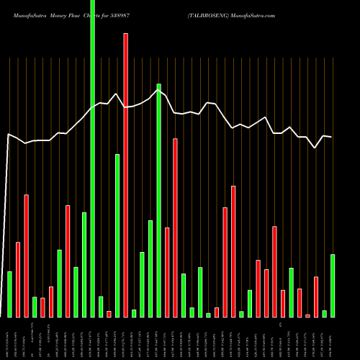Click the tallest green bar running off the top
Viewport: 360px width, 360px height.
[x=92, y=158]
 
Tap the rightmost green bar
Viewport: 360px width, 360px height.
[x=333, y=286]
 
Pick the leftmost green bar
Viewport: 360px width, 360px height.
[x=9, y=294]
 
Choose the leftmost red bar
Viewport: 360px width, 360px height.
[x=18, y=279]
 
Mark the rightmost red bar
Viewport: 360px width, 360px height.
[x=316, y=297]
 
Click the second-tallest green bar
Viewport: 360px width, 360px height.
[x=158, y=200]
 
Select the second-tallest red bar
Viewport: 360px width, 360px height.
[x=175, y=228]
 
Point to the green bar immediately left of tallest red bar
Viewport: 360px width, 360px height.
[x=117, y=235]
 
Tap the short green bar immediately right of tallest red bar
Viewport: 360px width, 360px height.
[x=134, y=313]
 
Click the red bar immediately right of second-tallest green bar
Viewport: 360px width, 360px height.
[x=167, y=272]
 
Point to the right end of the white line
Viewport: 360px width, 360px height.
[x=331, y=137]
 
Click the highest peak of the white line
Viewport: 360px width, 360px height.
[x=159, y=86]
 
